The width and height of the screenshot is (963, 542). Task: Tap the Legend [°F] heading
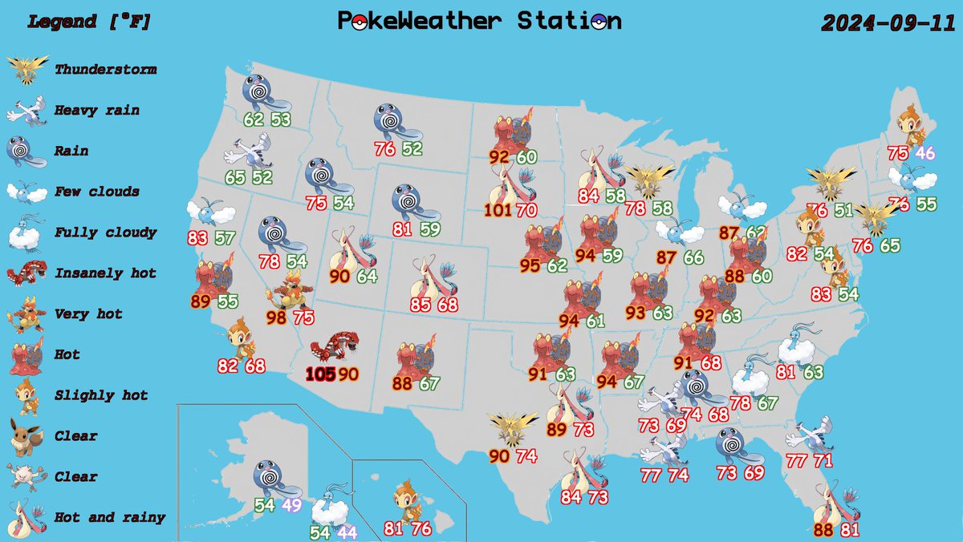[x=89, y=22]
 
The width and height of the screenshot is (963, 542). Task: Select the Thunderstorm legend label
[x=105, y=70]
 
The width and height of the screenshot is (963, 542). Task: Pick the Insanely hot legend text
[x=105, y=273]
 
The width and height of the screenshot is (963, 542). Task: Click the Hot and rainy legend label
[x=110, y=517]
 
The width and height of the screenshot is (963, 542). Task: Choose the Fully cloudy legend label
[x=105, y=233]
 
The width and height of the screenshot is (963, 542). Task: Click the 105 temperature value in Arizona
[x=320, y=374]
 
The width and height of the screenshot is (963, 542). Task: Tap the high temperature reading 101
[x=499, y=212]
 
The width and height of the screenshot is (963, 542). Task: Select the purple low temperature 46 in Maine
[x=925, y=153]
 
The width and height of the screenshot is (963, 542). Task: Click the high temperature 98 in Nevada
[x=277, y=318]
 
